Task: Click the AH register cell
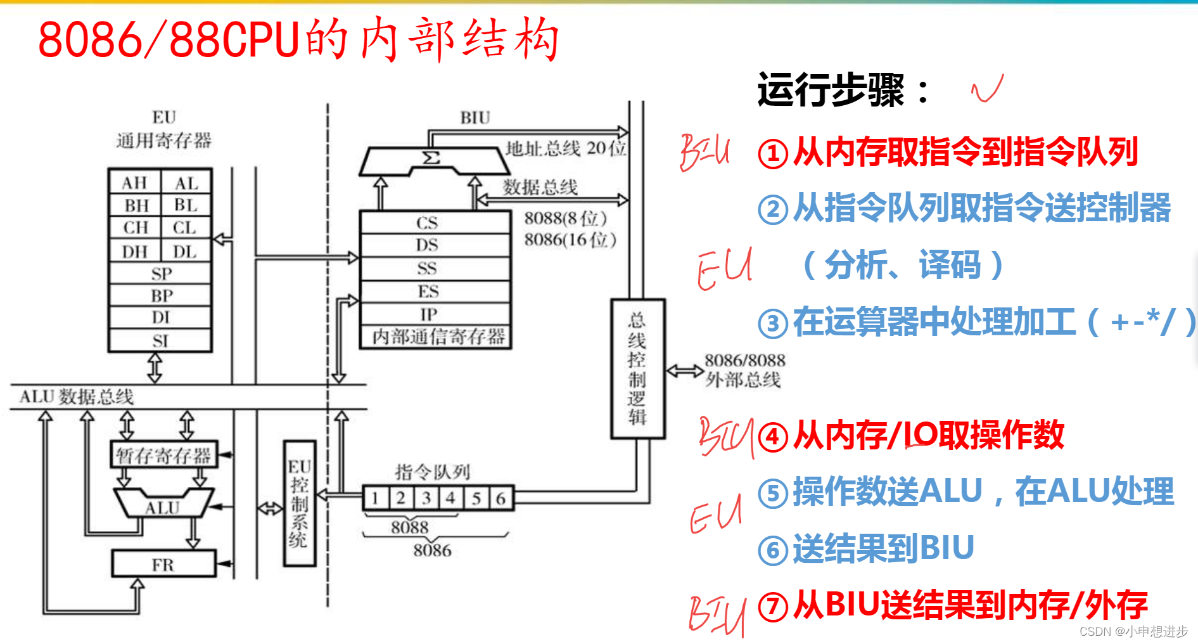pyautogui.click(x=134, y=183)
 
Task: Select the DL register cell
pyautogui.click(x=185, y=252)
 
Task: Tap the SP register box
pyautogui.click(x=160, y=274)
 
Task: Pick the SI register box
pyautogui.click(x=160, y=341)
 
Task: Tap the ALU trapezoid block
pyautogui.click(x=163, y=504)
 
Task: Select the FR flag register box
pyautogui.click(x=163, y=564)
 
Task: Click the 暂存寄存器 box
pyautogui.click(x=163, y=455)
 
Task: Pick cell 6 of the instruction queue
pyautogui.click(x=501, y=498)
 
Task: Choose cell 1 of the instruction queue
pyautogui.click(x=376, y=498)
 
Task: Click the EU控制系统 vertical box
pyautogui.click(x=300, y=503)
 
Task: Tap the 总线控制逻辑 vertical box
pyautogui.click(x=637, y=369)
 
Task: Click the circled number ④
pyautogui.click(x=773, y=437)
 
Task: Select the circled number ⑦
pyautogui.click(x=773, y=607)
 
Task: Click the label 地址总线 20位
pyautogui.click(x=565, y=148)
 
